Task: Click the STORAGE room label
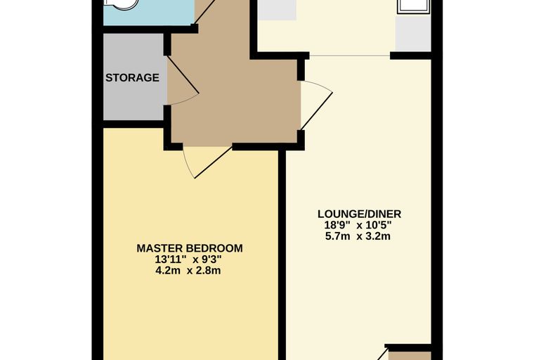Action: coord(132,78)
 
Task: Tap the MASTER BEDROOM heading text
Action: coord(190,248)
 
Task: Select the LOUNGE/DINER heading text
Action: coord(359,214)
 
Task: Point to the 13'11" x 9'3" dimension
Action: coord(188,259)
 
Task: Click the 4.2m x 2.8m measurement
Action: coord(188,271)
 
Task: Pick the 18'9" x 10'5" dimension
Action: coord(358,225)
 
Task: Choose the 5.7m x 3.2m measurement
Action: coord(358,236)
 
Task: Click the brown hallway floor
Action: coord(235,102)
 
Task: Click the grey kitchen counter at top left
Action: coord(277,10)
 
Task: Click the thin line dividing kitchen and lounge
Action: coord(349,56)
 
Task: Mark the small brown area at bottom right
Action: coord(410,356)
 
